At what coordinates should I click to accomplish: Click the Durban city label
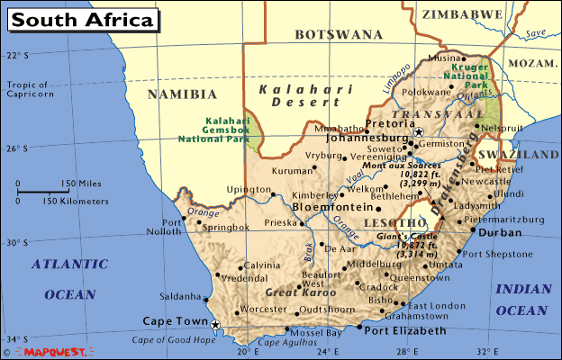[500, 232]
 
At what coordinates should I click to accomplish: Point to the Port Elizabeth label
[405, 331]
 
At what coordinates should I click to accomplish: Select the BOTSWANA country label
[339, 35]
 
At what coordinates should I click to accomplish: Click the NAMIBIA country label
[184, 94]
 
